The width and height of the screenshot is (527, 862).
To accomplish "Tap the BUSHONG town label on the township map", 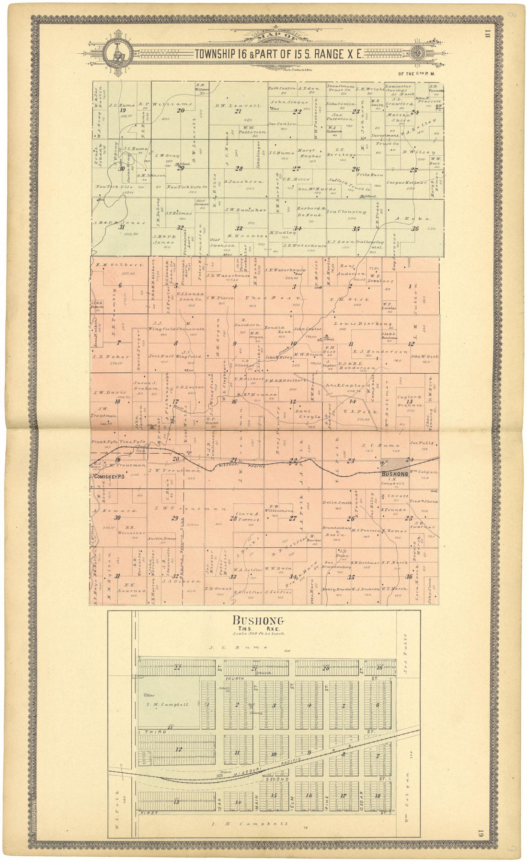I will [395, 474].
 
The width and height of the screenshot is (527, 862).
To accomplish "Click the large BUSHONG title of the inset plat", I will [258, 621].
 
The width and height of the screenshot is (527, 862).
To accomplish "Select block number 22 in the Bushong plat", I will [177, 667].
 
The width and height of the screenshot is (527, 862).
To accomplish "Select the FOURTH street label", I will [237, 679].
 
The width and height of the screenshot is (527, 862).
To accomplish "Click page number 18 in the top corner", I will [487, 34].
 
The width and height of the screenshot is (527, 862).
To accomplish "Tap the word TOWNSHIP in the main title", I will [215, 54].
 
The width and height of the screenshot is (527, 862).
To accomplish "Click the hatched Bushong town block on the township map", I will [398, 464].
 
